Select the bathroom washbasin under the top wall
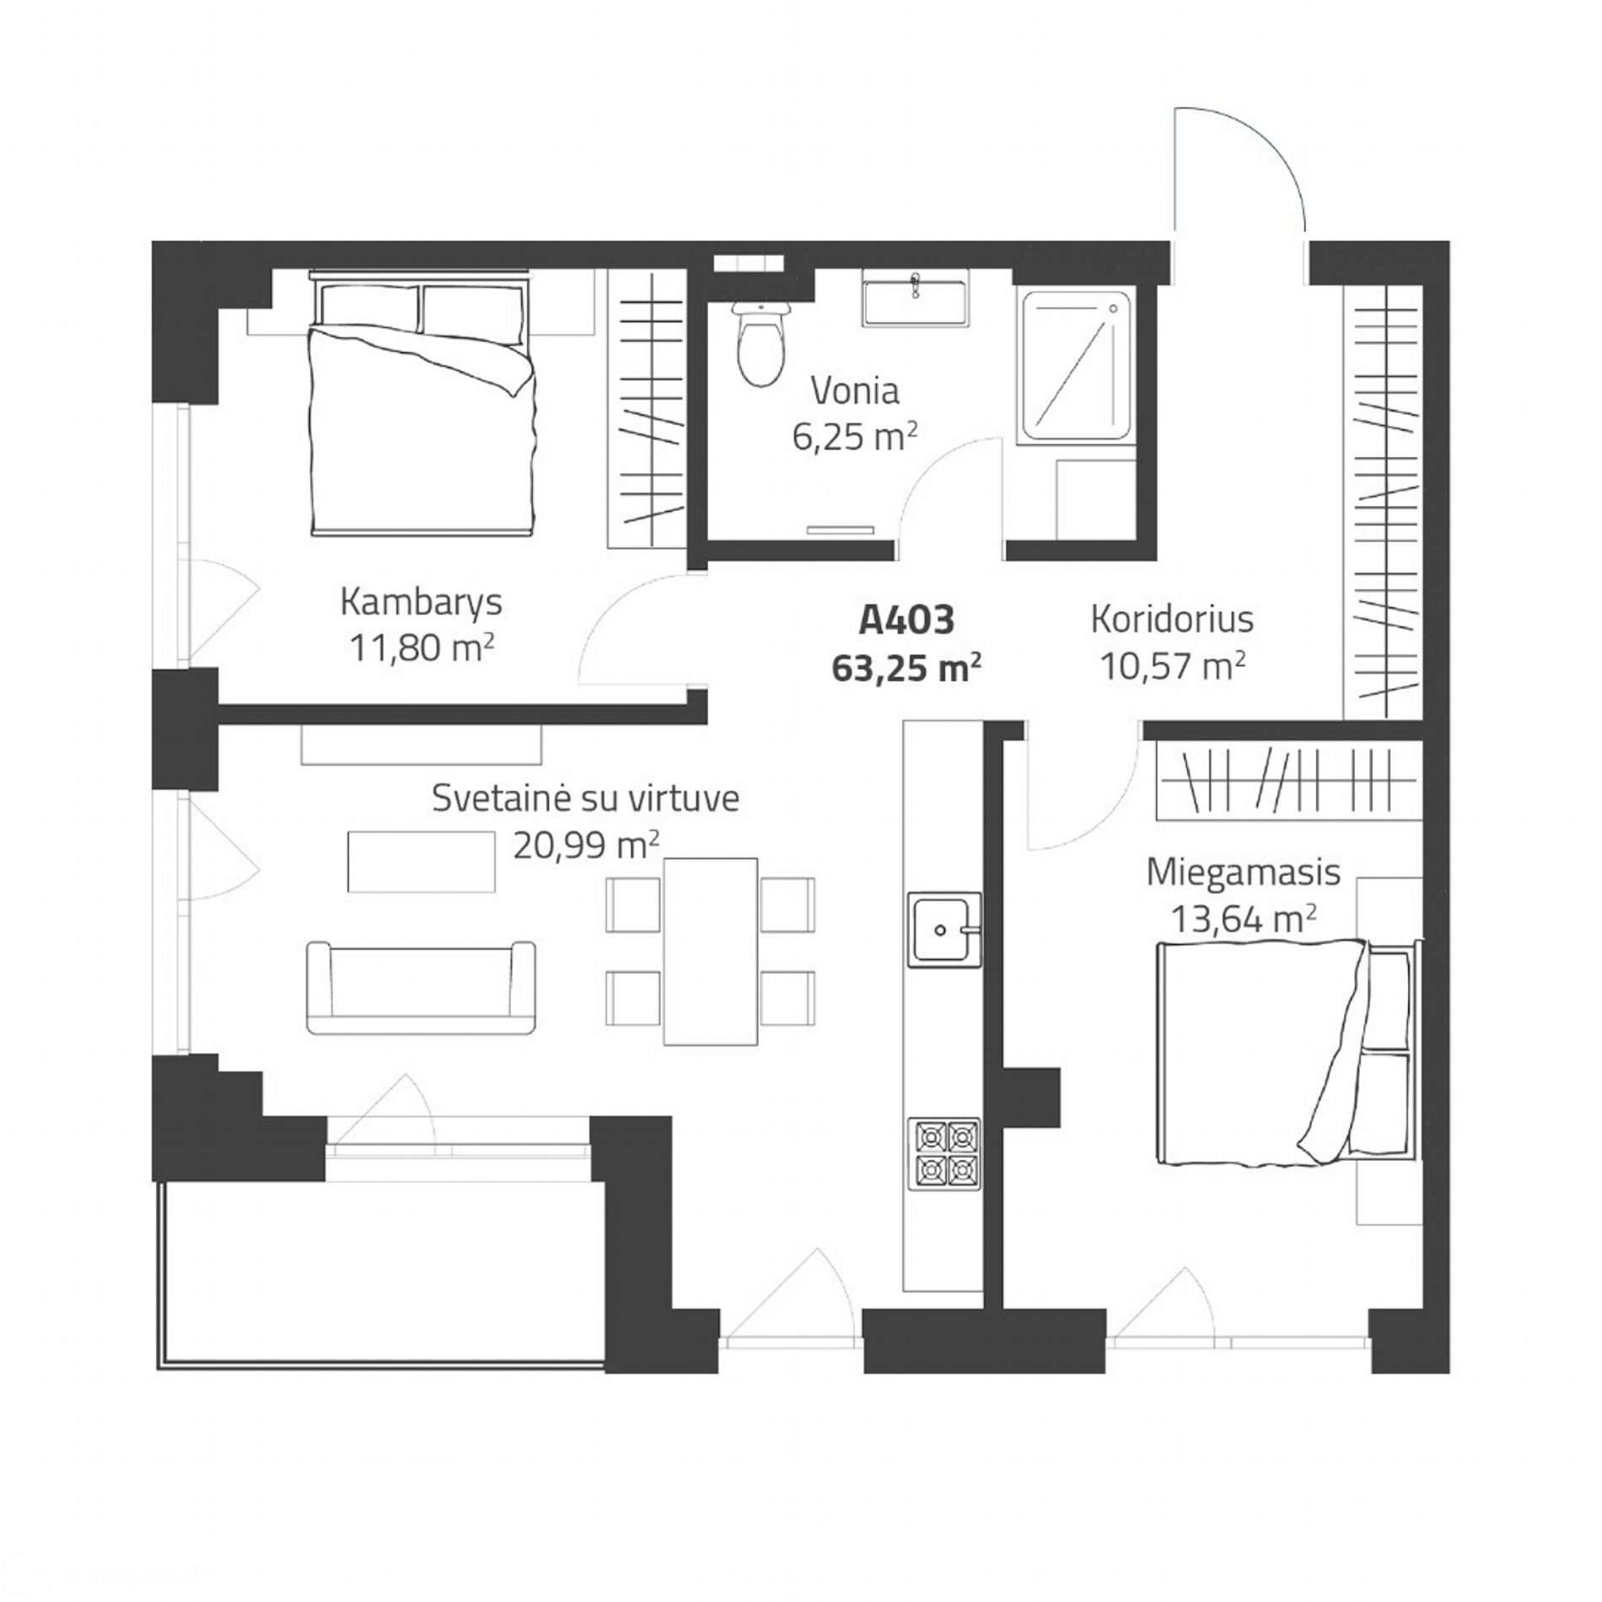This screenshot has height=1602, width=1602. pos(914,299)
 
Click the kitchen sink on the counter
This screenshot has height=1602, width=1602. pos(944,928)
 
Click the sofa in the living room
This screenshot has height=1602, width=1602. pos(420,987)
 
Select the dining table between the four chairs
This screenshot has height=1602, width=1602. pos(710,951)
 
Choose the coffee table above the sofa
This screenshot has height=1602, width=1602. pos(421,861)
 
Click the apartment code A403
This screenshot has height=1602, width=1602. pos(906,621)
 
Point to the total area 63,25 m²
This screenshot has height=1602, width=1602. pos(906,669)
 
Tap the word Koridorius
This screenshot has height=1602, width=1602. pos(1172,619)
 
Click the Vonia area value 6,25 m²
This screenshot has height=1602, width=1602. pos(854,438)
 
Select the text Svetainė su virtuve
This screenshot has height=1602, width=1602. pos(585,798)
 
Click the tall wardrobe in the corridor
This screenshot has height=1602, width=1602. pos(1383,503)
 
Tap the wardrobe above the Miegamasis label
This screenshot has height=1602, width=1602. pos(1288,779)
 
